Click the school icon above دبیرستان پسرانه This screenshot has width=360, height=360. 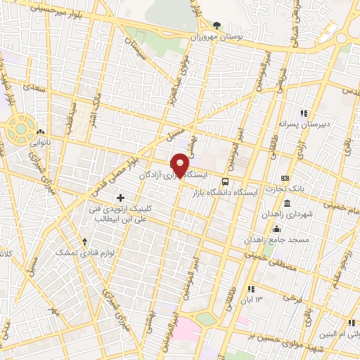point(304,112)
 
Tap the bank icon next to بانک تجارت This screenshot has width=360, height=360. point(285,178)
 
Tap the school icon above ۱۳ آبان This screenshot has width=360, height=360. point(251,289)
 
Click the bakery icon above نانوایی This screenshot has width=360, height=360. point(41,131)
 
